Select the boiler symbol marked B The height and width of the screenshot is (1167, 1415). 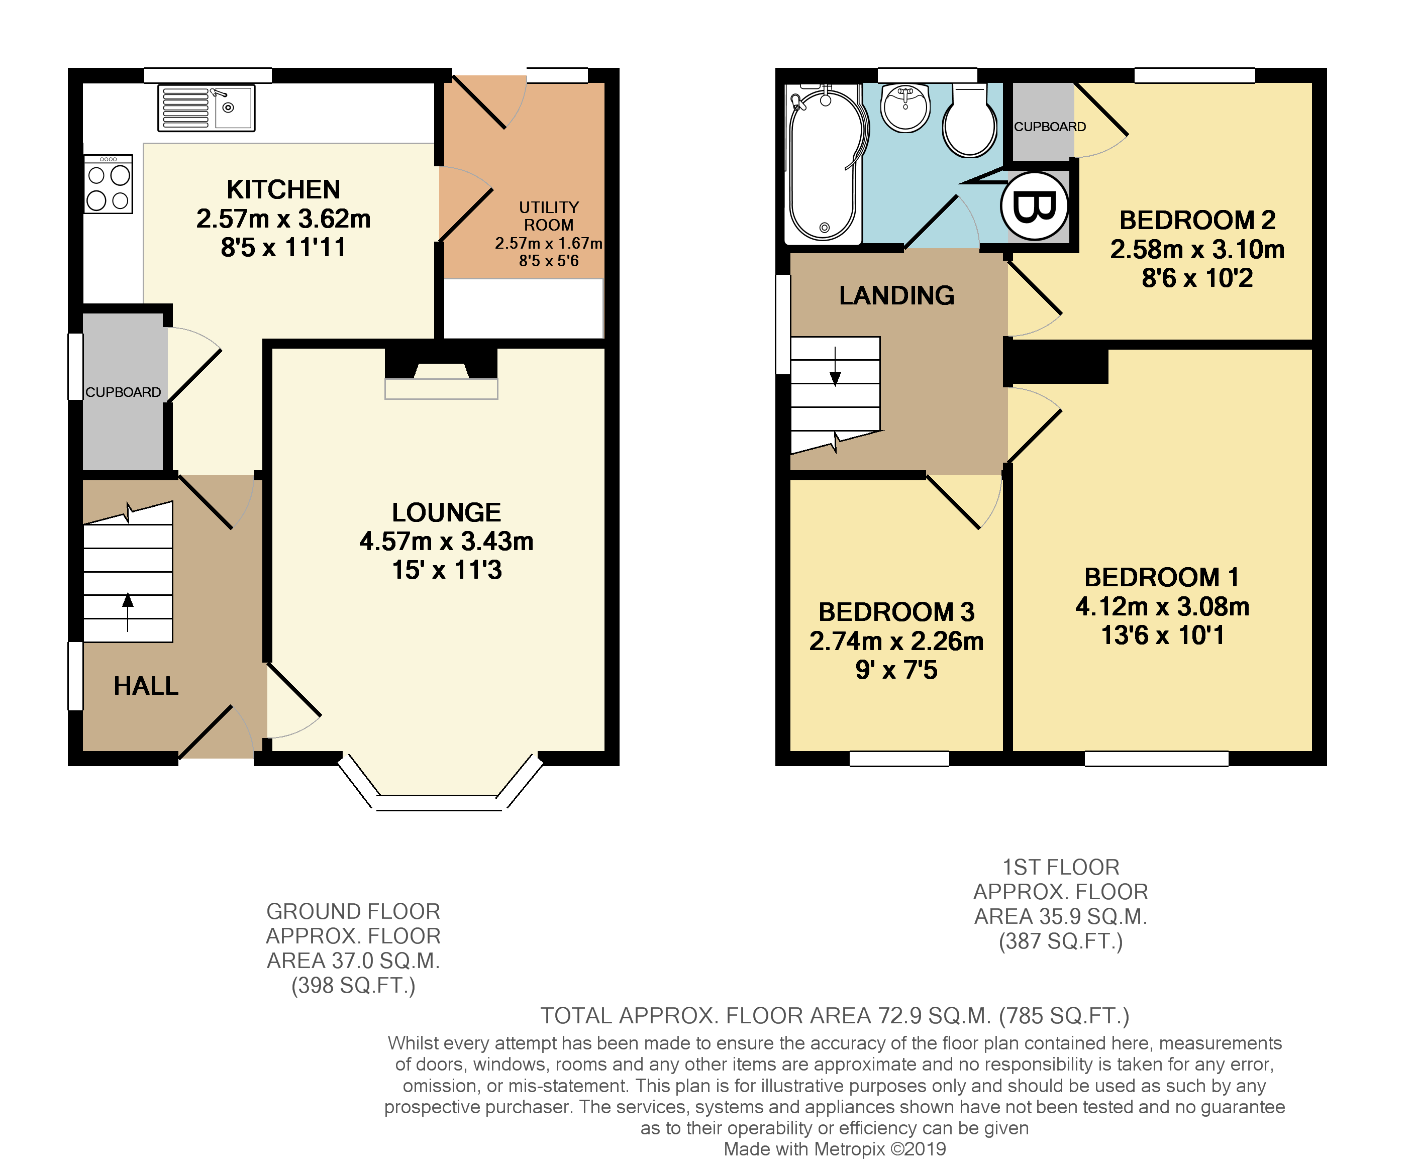pyautogui.click(x=1034, y=205)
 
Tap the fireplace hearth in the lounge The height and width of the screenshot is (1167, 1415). pyautogui.click(x=441, y=388)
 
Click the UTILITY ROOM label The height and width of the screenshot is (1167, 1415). pyautogui.click(x=549, y=216)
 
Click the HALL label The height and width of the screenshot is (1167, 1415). pyautogui.click(x=146, y=686)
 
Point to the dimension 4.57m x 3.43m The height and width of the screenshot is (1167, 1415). pyautogui.click(x=446, y=541)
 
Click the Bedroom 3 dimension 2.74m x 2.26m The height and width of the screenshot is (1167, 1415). pyautogui.click(x=896, y=642)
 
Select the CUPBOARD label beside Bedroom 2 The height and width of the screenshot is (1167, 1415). pyautogui.click(x=1049, y=127)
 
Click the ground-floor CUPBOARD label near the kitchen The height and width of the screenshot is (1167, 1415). pyautogui.click(x=123, y=392)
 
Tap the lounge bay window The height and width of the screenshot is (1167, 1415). pyautogui.click(x=439, y=800)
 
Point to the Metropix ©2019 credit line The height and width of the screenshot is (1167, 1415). pyautogui.click(x=834, y=1149)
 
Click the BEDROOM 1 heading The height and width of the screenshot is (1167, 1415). pyautogui.click(x=1162, y=577)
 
